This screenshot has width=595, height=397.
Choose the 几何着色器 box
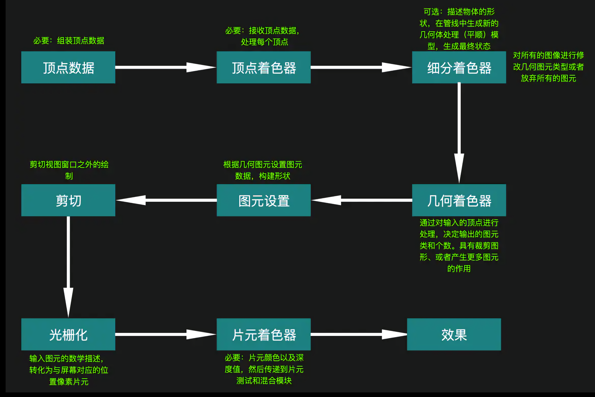tap(459, 200)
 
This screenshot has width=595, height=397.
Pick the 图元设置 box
tap(264, 200)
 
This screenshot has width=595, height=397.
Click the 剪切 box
tap(68, 200)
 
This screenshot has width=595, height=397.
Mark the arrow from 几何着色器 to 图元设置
tap(362, 200)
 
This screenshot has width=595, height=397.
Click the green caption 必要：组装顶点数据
tap(69, 41)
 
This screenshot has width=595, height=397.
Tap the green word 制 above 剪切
tap(69, 176)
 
